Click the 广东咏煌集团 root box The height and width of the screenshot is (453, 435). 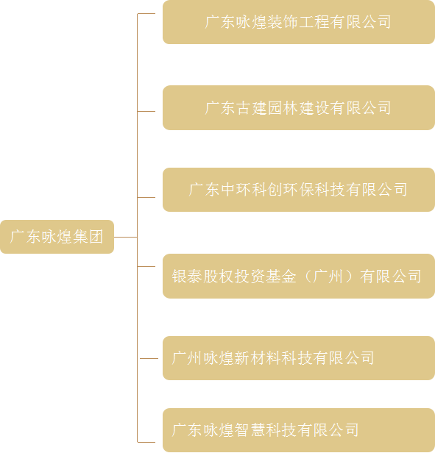[x=57, y=237]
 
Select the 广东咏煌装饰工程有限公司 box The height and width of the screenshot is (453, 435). [x=299, y=22]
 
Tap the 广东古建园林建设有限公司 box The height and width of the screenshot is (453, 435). [x=299, y=108]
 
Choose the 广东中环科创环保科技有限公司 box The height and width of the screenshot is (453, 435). [x=299, y=190]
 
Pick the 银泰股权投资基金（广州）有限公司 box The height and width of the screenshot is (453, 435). [x=299, y=277]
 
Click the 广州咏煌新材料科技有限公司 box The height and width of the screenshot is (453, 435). [x=299, y=358]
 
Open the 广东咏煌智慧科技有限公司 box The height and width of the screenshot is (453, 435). [x=299, y=430]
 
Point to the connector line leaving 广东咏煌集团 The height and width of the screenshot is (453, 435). [x=126, y=238]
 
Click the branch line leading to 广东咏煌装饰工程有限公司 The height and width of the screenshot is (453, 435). [x=146, y=13]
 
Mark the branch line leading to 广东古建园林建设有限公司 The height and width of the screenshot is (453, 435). [x=146, y=111]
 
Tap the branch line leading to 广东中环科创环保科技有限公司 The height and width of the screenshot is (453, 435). [x=146, y=197]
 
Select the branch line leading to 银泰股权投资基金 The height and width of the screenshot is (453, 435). [x=146, y=266]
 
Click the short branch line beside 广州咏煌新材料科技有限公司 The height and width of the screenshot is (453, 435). [x=149, y=358]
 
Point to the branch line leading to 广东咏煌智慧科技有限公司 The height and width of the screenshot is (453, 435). [x=146, y=442]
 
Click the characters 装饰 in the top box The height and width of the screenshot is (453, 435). [x=283, y=22]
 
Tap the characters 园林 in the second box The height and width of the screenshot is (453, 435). [x=283, y=108]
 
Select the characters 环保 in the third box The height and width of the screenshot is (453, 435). [x=299, y=190]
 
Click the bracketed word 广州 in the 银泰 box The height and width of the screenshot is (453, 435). [x=328, y=277]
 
